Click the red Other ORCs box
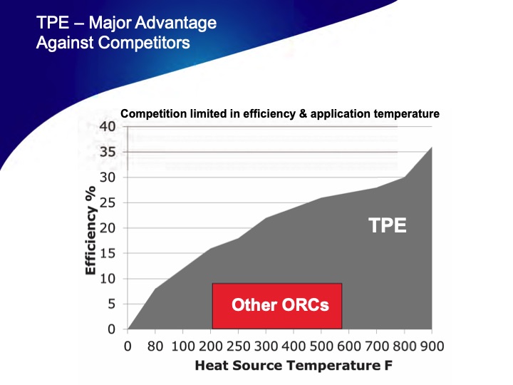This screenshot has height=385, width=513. pos(277,305)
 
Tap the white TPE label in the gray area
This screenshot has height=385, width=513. pos(387,226)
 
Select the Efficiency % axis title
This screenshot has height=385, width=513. pos(90,232)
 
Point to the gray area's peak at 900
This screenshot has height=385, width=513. pos(431,148)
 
